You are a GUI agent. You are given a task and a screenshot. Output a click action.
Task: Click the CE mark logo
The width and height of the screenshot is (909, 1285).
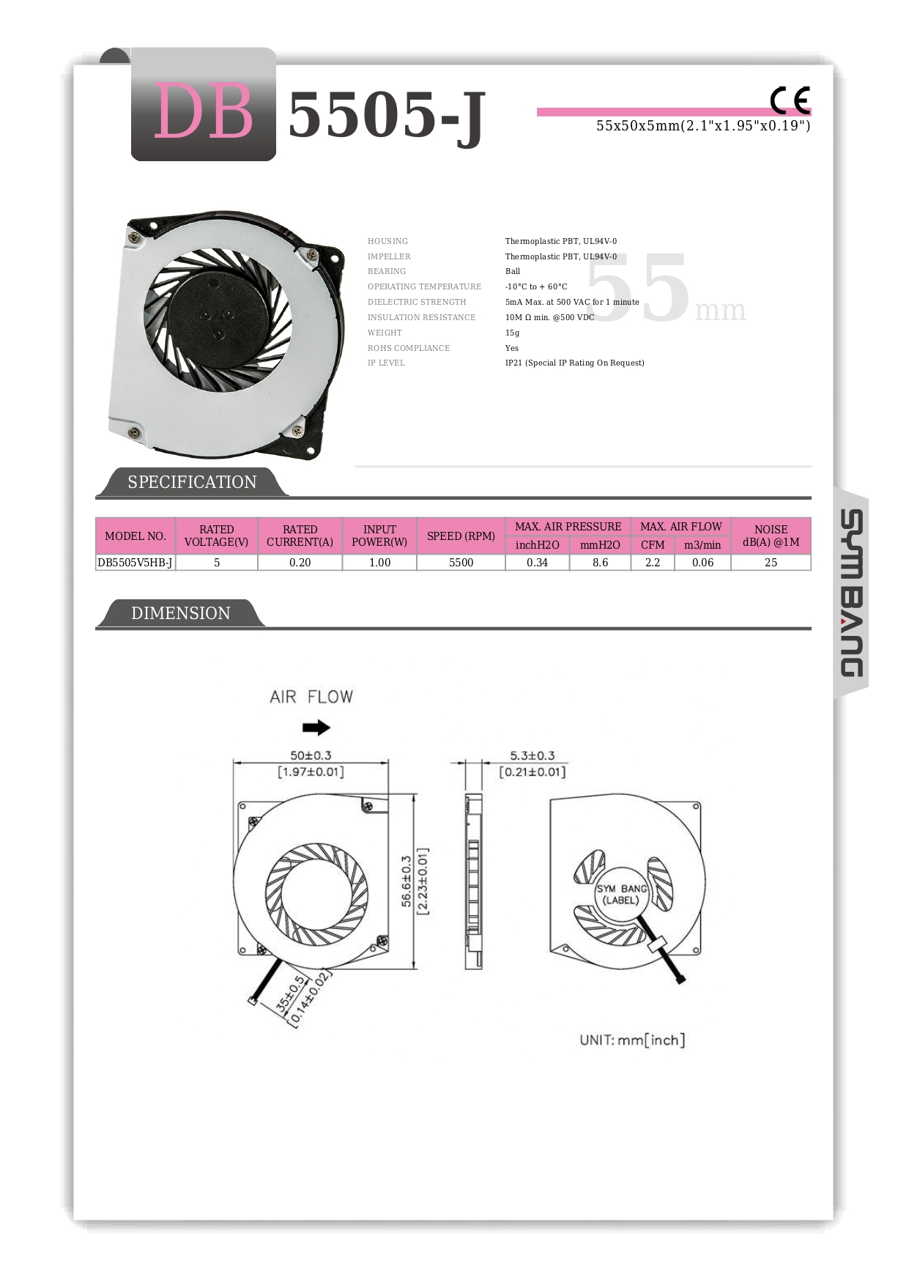pos(790,100)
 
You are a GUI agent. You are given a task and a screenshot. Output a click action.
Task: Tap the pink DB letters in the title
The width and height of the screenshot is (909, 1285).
pos(203,111)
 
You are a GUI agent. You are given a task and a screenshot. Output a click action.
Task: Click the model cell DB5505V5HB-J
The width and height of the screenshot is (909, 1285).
pos(135,563)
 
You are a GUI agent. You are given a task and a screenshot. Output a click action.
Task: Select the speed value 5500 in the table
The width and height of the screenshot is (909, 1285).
pos(461,563)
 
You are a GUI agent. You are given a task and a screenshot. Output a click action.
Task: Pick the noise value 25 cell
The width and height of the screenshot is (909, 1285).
pos(771,563)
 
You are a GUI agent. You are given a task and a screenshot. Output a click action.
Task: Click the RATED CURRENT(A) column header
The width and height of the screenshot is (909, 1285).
pos(300,536)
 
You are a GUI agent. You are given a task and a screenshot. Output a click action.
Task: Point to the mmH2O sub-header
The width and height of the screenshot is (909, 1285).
pos(600,545)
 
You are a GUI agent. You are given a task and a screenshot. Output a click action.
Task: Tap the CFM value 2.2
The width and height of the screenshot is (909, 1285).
pos(653,563)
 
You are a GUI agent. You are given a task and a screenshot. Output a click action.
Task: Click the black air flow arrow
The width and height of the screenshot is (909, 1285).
pos(316,727)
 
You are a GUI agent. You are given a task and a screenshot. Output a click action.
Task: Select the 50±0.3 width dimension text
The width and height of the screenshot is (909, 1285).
pos(311,755)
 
